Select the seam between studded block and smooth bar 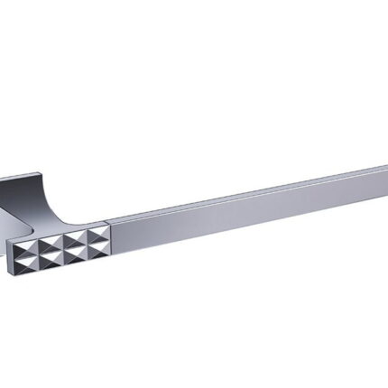[x=109, y=236]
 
